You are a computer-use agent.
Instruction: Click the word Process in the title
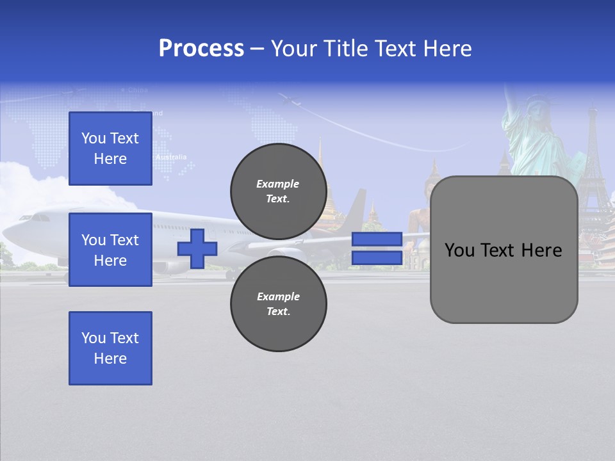[x=201, y=49]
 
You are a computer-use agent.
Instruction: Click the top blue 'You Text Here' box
[x=110, y=149]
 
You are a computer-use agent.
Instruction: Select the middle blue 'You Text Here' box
[x=110, y=250]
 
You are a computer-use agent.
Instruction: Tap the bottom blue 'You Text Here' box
[x=110, y=348]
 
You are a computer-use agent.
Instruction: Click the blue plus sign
[x=197, y=248]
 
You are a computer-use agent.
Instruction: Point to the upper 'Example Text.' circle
[x=278, y=191]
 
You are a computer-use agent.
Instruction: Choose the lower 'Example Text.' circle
[x=278, y=303]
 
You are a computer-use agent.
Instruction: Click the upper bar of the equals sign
[x=377, y=239]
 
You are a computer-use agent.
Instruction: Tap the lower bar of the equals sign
[x=377, y=258]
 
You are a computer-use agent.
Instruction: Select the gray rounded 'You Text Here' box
[x=504, y=250]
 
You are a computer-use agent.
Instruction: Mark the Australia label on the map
[x=171, y=157]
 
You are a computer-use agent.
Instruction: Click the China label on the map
[x=137, y=90]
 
